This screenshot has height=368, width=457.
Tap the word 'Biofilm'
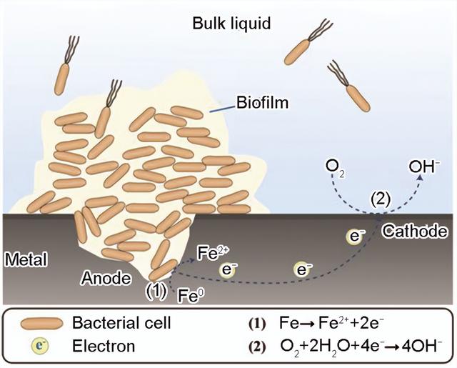[265, 104]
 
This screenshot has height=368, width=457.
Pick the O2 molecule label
[333, 166]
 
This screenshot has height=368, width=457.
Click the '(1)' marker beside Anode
[157, 291]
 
